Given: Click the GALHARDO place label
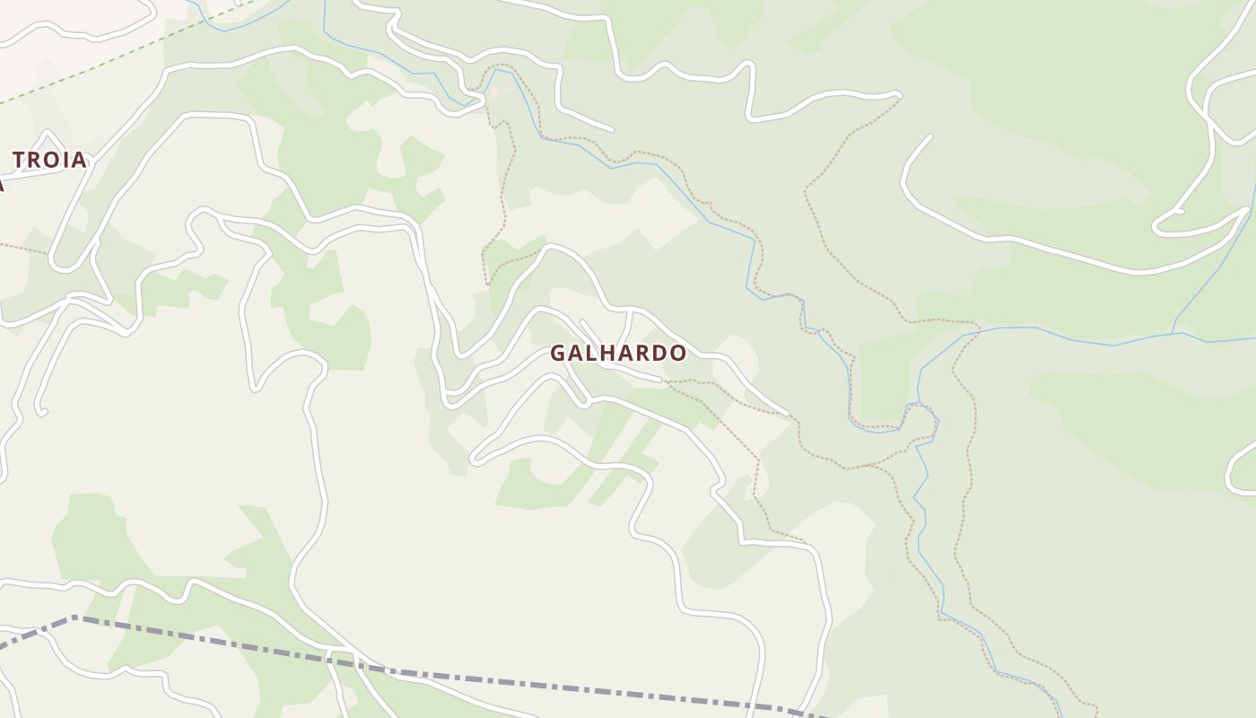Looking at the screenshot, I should tap(618, 353).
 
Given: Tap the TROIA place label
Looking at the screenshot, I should tap(49, 160).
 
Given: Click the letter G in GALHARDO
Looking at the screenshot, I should tap(558, 353).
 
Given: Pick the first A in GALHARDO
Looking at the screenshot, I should tap(576, 353).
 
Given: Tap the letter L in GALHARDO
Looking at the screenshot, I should tap(591, 353).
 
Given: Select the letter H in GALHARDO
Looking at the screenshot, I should tap(607, 353).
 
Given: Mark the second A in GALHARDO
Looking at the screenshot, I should tap(625, 353).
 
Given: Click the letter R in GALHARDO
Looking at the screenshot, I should tap(642, 353).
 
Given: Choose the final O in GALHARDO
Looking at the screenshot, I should tap(678, 353).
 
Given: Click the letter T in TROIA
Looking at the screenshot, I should tap(19, 160).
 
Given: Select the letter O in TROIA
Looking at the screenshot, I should tap(51, 160).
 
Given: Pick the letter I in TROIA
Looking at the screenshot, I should tap(65, 160).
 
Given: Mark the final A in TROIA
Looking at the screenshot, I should tap(79, 160).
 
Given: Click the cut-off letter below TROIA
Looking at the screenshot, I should tap(2, 184).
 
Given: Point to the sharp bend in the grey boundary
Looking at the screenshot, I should tap(74, 617).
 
